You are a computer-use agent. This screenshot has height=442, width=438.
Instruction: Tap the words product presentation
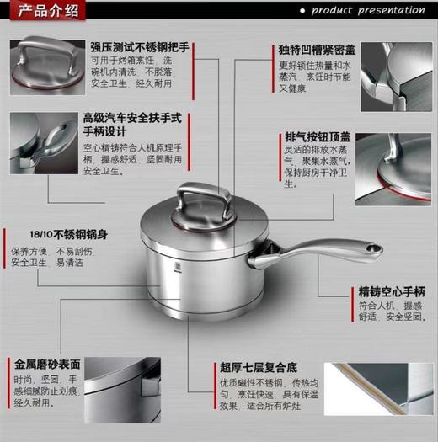click(367, 10)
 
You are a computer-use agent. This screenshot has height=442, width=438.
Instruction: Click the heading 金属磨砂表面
click(47, 365)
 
